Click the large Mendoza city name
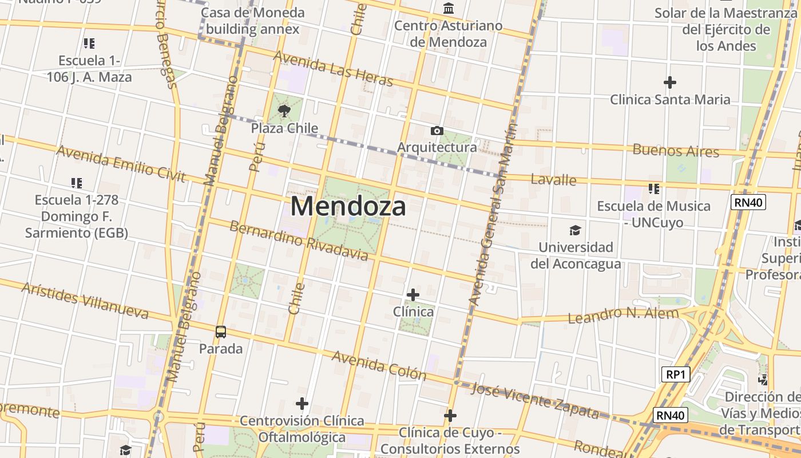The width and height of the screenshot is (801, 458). [348, 206]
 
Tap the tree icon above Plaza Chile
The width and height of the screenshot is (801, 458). [284, 110]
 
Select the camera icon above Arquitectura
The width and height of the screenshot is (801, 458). [437, 131]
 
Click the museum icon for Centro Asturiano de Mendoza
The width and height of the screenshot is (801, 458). [449, 9]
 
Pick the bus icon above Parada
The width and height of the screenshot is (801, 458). [221, 331]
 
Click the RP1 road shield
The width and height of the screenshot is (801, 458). [676, 375]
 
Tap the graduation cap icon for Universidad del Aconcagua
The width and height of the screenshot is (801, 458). [575, 230]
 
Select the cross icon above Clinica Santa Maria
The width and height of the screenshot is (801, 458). [670, 82]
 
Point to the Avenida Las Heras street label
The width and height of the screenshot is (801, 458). [334, 69]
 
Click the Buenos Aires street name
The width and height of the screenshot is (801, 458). [676, 151]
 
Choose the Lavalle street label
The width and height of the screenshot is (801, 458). [553, 179]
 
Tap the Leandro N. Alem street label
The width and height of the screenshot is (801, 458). [623, 314]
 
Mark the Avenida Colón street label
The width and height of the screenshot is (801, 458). [379, 365]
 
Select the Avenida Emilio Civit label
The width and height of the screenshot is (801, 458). [121, 164]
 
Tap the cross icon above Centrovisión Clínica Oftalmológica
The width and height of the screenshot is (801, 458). [302, 404]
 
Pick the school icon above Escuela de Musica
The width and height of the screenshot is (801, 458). [654, 188]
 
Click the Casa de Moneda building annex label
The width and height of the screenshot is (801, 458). [253, 21]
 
